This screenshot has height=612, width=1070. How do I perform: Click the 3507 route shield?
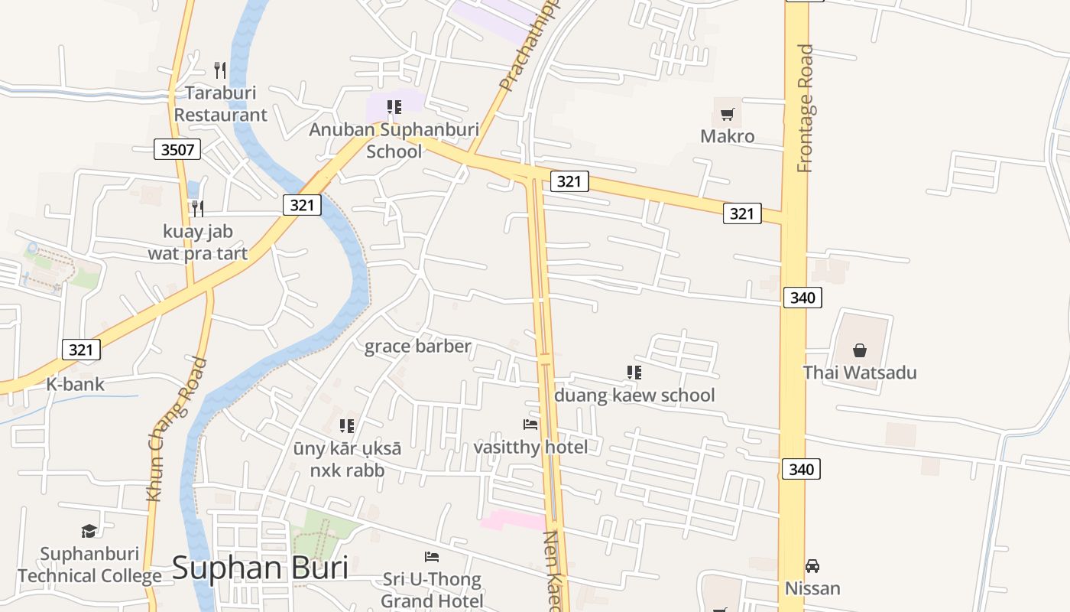pos(177,149)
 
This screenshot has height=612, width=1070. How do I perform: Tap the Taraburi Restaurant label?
pos(221,104)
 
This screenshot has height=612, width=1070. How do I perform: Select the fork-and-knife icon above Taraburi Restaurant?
pos(220,70)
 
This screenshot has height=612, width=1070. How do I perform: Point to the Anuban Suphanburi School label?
pos(394,140)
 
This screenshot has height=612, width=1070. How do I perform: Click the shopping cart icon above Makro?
pos(728,115)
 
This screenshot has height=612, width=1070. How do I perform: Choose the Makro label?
pos(728,137)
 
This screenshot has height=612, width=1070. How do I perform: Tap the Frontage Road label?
pos(805,108)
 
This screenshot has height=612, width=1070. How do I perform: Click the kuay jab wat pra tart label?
pos(198,242)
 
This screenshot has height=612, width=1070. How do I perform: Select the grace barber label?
pos(418,347)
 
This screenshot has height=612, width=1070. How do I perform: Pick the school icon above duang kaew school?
pos(634,373)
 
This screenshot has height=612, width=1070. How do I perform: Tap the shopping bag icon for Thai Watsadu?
pos(860,350)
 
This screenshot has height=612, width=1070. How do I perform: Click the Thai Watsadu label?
pos(860,373)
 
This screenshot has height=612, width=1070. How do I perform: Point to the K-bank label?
pos(76,384)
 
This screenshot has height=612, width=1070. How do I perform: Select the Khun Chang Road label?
pos(177,429)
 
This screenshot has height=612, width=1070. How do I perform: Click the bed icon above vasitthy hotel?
pos(530,424)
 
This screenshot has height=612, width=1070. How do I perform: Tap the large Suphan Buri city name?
pos(260,568)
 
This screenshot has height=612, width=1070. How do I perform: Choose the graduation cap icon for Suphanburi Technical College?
pos(89,531)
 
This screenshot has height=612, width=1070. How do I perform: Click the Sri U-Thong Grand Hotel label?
pos(432,590)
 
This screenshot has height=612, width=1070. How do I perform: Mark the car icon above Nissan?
pos(812,566)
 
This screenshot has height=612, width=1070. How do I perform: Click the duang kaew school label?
pos(634,396)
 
